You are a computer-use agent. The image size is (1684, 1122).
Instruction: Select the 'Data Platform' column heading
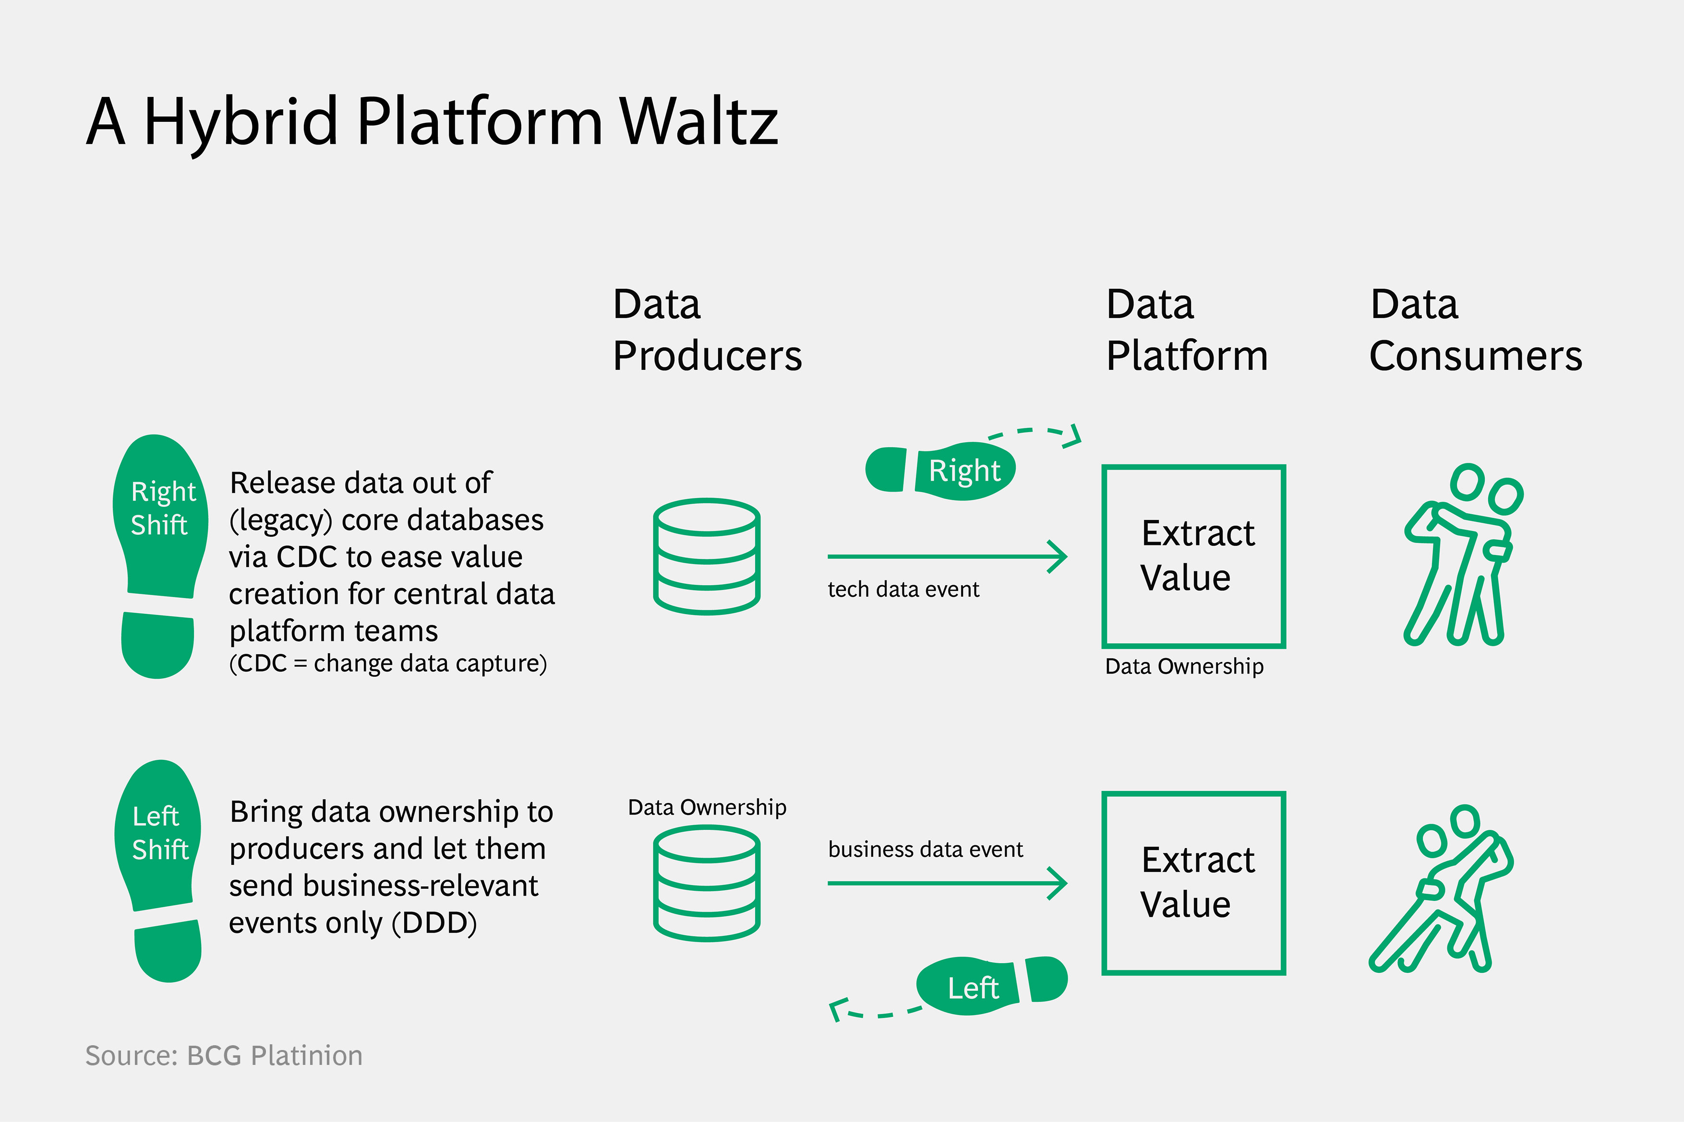pos(1186,330)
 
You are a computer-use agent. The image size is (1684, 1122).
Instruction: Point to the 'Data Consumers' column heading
pos(1476,330)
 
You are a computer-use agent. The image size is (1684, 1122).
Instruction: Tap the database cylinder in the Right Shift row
pos(707,556)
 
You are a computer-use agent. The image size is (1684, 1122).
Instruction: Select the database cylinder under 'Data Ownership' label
pos(707,883)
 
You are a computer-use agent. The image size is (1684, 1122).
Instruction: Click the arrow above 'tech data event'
pos(947,556)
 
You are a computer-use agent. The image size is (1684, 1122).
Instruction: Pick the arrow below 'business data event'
pos(947,883)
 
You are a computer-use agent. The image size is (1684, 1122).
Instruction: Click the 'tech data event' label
pos(903,589)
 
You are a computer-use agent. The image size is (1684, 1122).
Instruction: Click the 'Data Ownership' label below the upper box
pos(1184,666)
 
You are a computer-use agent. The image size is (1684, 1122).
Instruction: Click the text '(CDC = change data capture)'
pos(388,663)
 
